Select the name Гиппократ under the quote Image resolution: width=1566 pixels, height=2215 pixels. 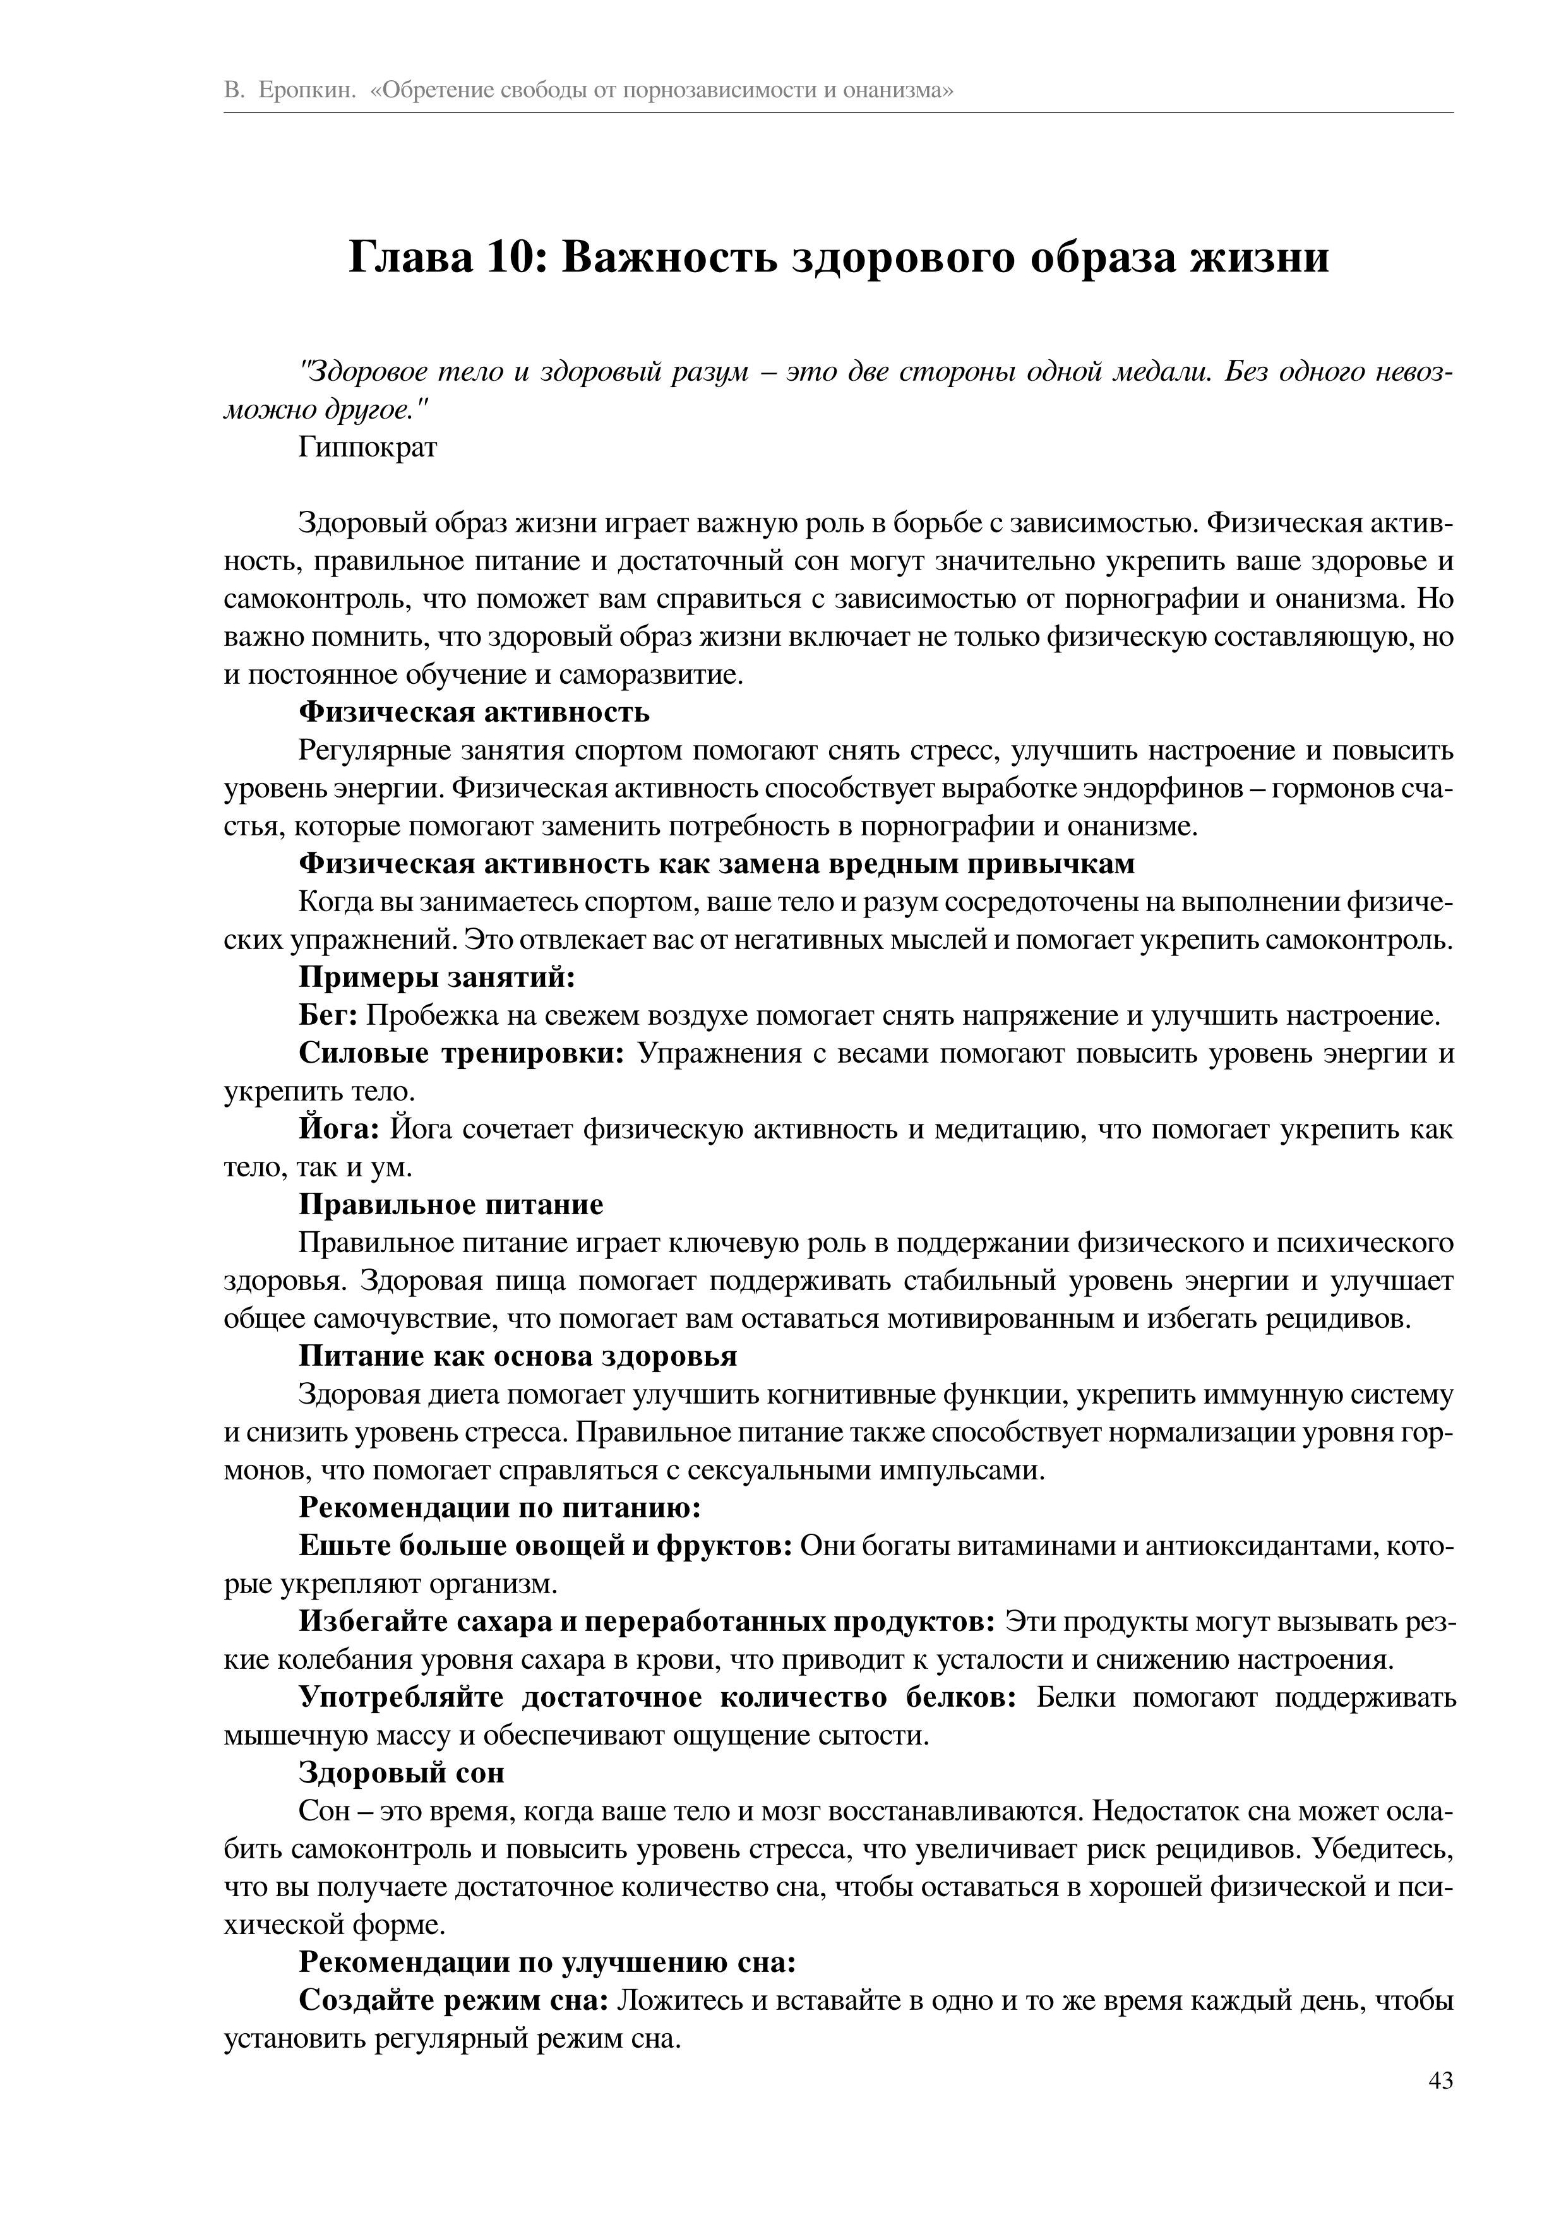(368, 448)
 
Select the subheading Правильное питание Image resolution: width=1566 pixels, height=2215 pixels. (451, 1205)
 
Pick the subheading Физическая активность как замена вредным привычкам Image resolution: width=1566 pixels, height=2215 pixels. (716, 864)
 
